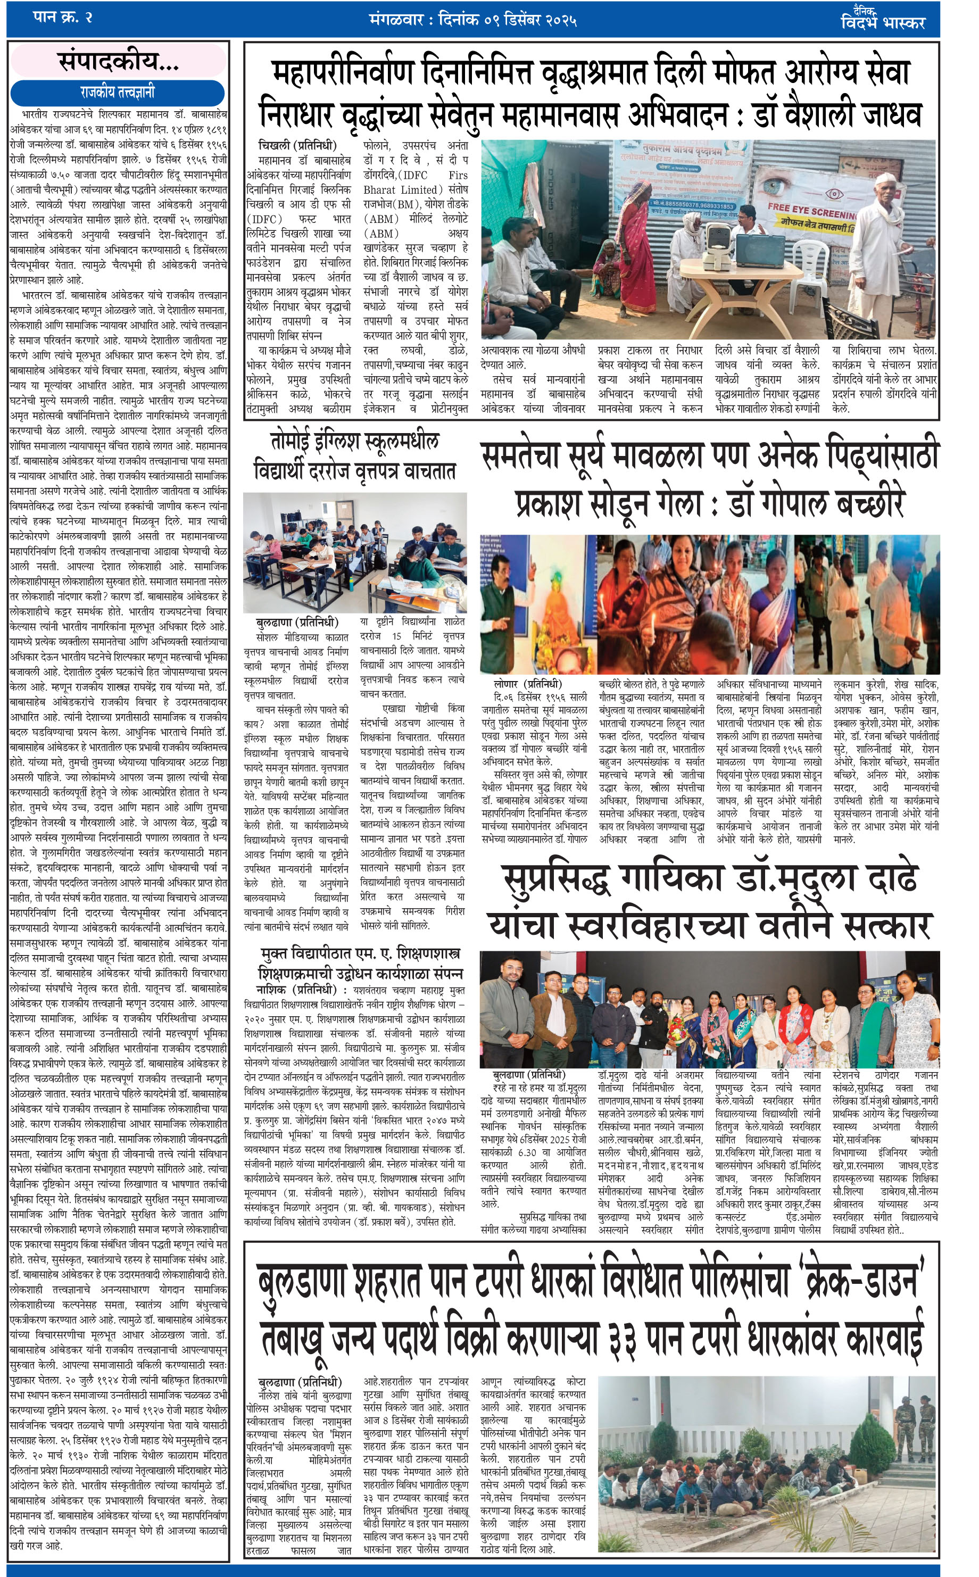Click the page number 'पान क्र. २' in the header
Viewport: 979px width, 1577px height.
tap(62, 17)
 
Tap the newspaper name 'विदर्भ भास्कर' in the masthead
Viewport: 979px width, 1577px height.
tap(883, 23)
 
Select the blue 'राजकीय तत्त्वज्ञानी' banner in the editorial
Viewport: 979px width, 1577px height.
tap(117, 93)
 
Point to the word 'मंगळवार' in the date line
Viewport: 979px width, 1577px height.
tap(396, 20)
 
